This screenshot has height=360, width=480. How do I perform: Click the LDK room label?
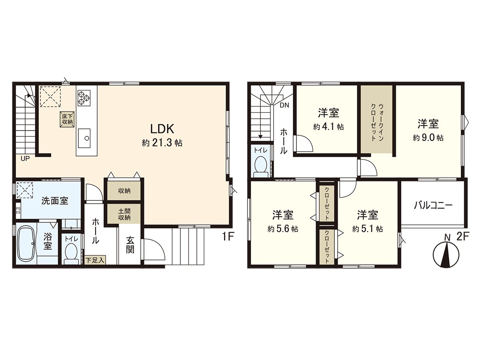coord(162,129)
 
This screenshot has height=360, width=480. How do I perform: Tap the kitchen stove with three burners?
coord(84,97)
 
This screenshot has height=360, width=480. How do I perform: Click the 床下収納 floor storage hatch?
coord(67,119)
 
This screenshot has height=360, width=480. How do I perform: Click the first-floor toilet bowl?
coord(71,253)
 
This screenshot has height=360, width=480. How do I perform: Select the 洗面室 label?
coord(55,200)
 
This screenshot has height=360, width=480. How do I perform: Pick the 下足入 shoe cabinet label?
coord(95,260)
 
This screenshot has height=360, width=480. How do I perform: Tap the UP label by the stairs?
coord(25,158)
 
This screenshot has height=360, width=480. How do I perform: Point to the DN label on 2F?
coord(284,106)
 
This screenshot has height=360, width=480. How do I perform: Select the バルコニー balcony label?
coord(433,206)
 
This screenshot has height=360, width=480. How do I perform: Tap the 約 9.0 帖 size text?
coord(428,137)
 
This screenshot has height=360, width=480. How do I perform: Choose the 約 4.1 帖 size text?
coord(328,127)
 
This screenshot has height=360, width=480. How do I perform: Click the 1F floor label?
coord(228,236)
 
